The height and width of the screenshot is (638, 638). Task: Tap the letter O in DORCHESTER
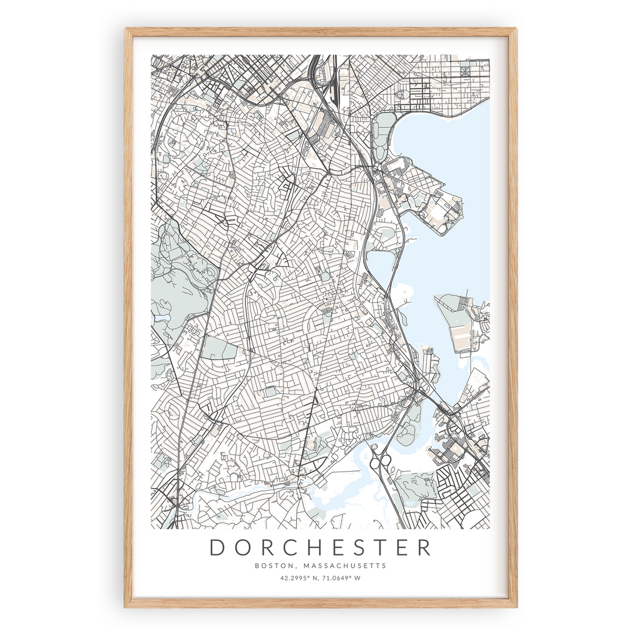pyautogui.click(x=244, y=548)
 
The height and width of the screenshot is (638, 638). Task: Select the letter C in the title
pyautogui.click(x=294, y=548)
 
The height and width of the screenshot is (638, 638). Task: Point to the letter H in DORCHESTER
pyautogui.click(x=319, y=548)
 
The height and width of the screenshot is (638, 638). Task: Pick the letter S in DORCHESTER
pyautogui.click(x=369, y=548)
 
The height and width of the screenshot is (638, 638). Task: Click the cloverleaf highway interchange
pyautogui.click(x=382, y=461)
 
